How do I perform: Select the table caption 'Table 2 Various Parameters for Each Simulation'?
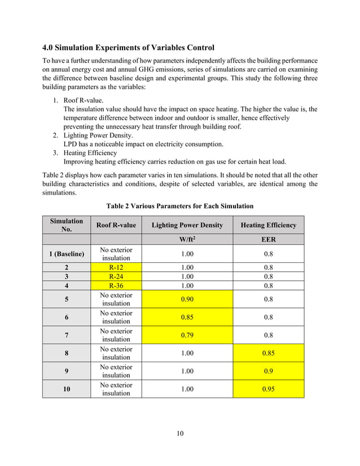pos(179,205)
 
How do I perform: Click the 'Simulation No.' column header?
pos(67,225)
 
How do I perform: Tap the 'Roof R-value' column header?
pos(116,225)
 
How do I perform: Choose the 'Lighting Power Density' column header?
pos(187,225)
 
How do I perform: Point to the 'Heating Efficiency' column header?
pos(268,225)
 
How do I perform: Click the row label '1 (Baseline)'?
pos(67,254)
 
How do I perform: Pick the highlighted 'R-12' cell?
pos(116,267)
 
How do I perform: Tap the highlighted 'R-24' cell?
pos(116,276)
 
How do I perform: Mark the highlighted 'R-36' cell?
pos(116,285)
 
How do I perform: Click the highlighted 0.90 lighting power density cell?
pos(187,299)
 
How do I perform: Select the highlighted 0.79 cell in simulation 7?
pos(187,335)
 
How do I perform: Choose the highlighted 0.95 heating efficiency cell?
pos(268,389)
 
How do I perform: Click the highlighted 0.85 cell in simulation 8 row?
pos(268,353)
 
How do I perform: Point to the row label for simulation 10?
pos(67,389)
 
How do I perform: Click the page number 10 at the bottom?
pos(179,433)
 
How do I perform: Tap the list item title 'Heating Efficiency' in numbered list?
pos(90,152)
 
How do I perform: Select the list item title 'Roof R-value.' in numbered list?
pos(83,100)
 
